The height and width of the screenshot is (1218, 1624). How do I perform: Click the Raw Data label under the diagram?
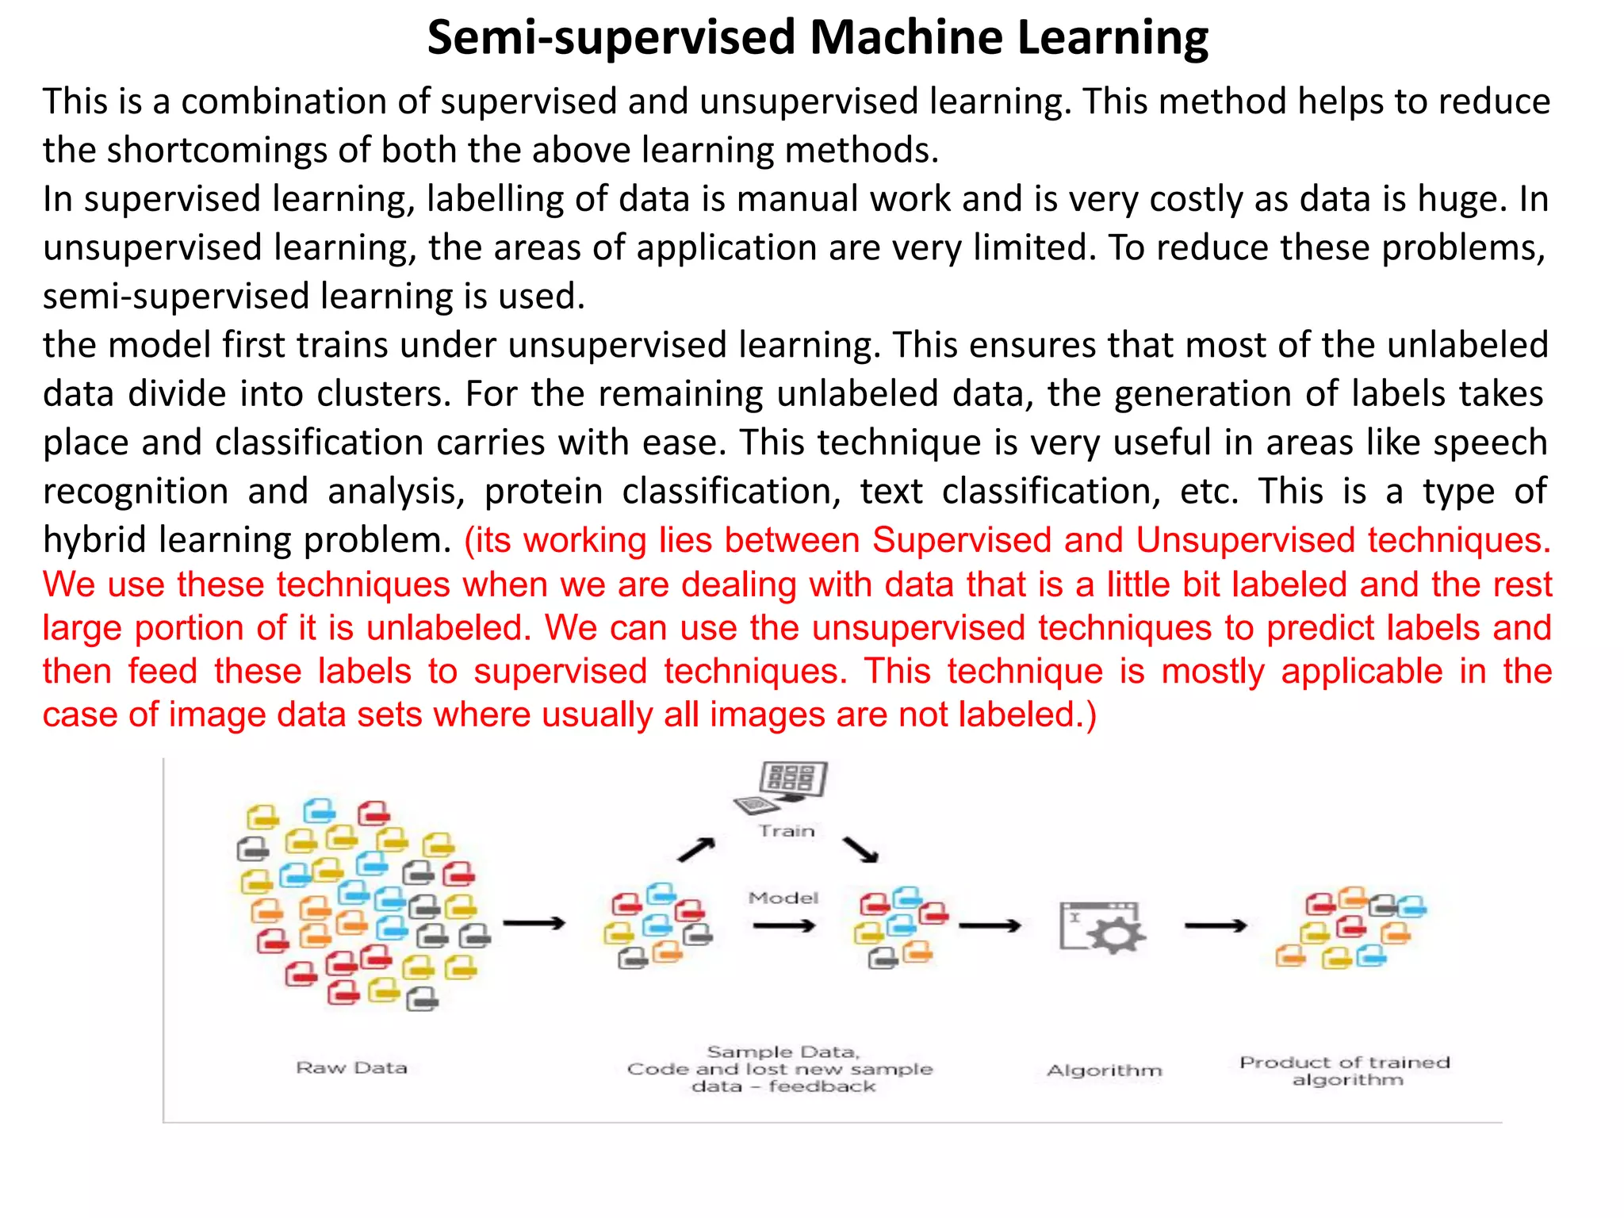pyautogui.click(x=351, y=1068)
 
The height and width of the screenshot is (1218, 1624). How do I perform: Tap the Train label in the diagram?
pyautogui.click(x=786, y=831)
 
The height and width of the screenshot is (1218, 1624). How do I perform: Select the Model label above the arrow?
pyautogui.click(x=783, y=898)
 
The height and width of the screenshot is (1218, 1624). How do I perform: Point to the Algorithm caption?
pyautogui.click(x=1104, y=1071)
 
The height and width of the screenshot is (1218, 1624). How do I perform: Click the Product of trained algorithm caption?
pyautogui.click(x=1345, y=1071)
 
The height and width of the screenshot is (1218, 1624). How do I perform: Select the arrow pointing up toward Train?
pyautogui.click(x=696, y=849)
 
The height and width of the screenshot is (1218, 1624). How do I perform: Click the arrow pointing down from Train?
pyautogui.click(x=861, y=849)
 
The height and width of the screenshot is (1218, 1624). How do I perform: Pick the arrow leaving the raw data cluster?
pyautogui.click(x=534, y=923)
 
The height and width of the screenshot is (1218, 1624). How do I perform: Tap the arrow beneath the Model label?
pyautogui.click(x=783, y=925)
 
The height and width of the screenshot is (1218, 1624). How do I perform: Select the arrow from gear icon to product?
pyautogui.click(x=1215, y=925)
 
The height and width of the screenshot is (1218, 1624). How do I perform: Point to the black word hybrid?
pyautogui.click(x=95, y=540)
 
